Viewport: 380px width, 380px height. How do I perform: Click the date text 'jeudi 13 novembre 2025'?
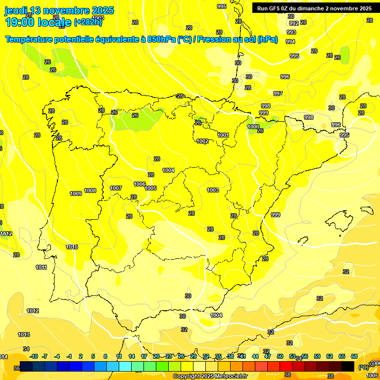coord(59,10)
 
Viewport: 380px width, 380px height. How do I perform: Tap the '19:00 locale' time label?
coord(39,21)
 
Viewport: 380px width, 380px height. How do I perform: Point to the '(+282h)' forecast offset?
coord(88,22)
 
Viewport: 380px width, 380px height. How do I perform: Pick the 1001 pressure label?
coord(223,135)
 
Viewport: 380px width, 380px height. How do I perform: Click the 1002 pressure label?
coord(202,141)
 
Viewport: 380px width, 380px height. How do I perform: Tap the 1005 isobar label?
coord(151,188)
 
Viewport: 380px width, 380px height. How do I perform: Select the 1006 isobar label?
coord(140,184)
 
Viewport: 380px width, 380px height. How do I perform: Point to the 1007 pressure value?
coord(116,188)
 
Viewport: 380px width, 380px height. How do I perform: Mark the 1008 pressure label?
coord(90,190)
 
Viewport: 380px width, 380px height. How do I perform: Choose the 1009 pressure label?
coord(76,193)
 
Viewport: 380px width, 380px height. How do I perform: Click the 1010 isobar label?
coord(72,247)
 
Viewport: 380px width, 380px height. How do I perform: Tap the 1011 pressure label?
coord(42,267)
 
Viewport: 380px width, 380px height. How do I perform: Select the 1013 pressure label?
coord(24,334)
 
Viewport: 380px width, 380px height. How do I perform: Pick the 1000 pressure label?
coord(253,127)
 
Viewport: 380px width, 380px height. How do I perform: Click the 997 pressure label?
coord(278,94)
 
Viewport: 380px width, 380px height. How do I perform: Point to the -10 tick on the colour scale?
coord(34,356)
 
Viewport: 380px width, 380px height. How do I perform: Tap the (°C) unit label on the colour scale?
coord(364,367)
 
